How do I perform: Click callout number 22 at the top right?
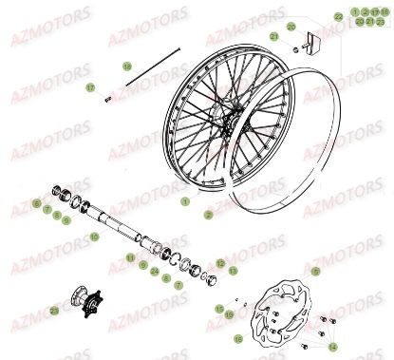[338, 16]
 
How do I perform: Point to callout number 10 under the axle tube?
[93, 235]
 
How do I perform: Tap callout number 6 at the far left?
[36, 203]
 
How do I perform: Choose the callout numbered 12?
[220, 263]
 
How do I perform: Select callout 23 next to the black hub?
[54, 310]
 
